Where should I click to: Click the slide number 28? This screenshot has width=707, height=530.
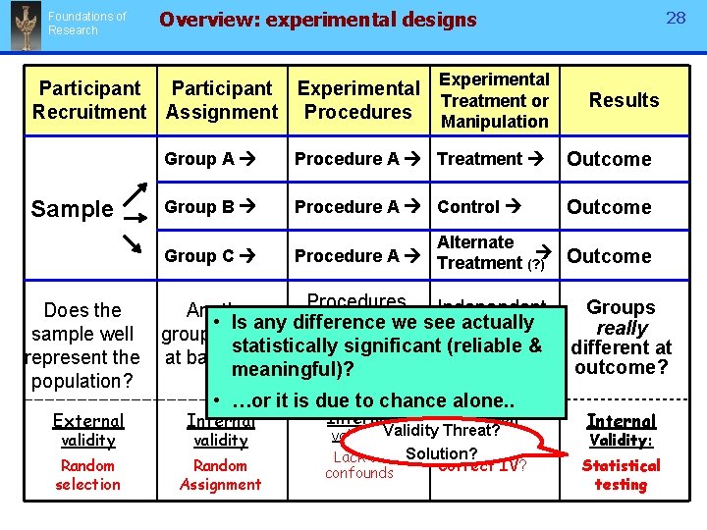[x=676, y=18]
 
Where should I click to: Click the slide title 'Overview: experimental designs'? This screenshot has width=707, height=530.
[x=317, y=20]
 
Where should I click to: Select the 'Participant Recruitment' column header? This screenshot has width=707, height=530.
[x=89, y=100]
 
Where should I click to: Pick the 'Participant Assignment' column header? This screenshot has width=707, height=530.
[x=222, y=100]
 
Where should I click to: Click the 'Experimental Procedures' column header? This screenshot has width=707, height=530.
[x=358, y=100]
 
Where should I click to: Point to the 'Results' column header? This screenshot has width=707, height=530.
[x=624, y=100]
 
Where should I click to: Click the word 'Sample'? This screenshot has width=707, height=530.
[x=72, y=209]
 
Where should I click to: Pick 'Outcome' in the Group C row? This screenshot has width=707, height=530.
[x=609, y=256]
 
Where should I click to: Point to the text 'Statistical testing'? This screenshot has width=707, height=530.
[x=621, y=475]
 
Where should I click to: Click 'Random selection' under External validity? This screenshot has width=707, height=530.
[x=87, y=475]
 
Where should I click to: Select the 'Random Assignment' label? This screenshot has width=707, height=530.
[x=221, y=475]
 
